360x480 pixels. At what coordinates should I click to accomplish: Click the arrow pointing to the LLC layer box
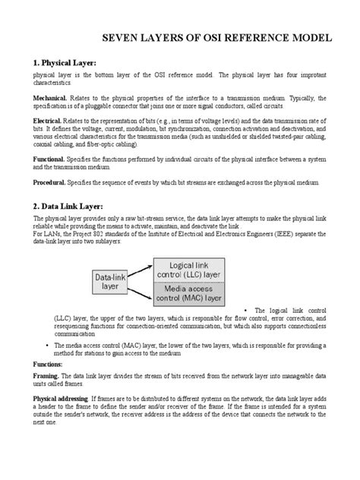144,270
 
